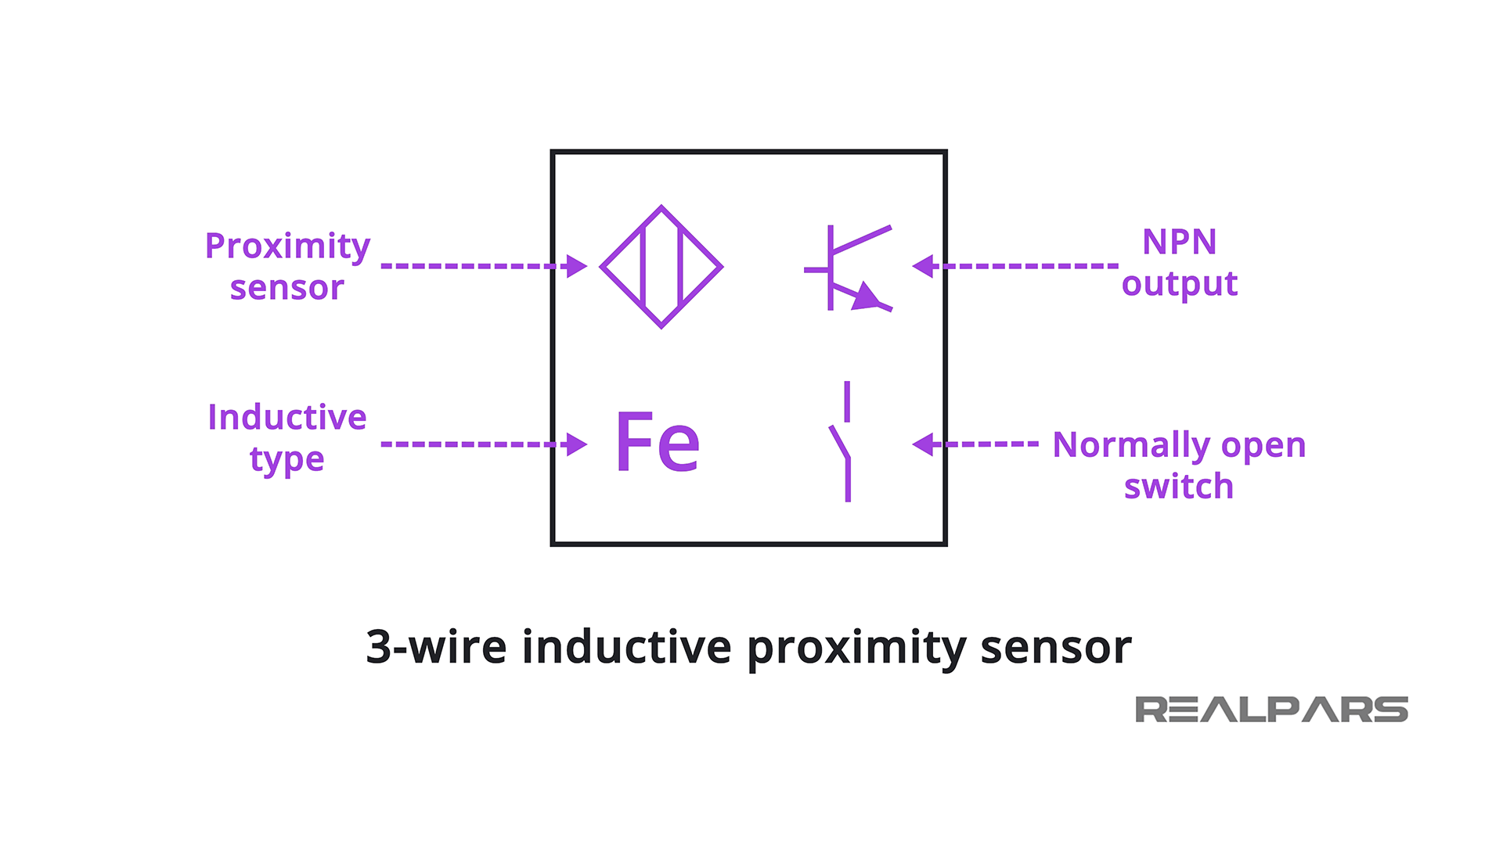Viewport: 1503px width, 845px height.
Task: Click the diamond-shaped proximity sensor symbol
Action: [x=661, y=267]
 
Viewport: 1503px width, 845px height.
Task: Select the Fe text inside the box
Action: [x=658, y=442]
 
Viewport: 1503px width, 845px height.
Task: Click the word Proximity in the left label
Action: [x=287, y=246]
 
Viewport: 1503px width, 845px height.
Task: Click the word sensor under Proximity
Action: [x=287, y=288]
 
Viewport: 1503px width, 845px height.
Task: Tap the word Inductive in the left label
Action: [x=287, y=417]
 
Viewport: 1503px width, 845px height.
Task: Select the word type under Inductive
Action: [x=287, y=459]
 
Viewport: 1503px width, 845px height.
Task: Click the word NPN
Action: [x=1179, y=242]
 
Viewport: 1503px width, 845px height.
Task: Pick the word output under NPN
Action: [x=1179, y=284]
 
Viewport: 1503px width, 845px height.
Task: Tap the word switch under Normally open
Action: [x=1178, y=487]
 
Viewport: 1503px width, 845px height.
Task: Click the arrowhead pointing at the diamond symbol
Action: [x=576, y=266]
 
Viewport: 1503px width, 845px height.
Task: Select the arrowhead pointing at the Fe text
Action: [x=576, y=444]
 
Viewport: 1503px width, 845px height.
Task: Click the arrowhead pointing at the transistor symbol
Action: [x=924, y=266]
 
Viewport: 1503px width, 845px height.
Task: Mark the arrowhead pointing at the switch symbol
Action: [x=924, y=444]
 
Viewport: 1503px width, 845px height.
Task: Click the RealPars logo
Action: [x=1271, y=710]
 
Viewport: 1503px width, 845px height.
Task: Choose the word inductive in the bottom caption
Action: [x=626, y=647]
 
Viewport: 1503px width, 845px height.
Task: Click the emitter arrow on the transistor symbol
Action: [x=866, y=297]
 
